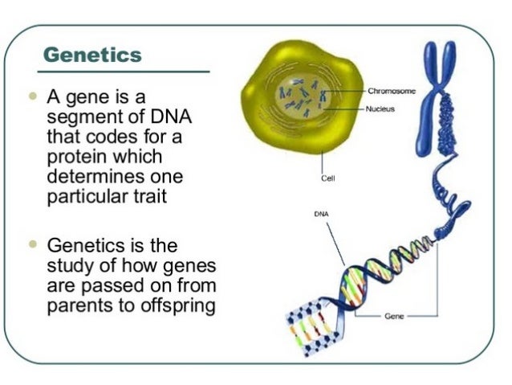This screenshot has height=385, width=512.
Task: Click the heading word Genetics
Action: [x=91, y=55]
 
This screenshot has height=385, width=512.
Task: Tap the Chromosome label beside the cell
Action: [x=392, y=92]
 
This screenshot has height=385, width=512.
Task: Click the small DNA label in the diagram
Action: [x=319, y=214]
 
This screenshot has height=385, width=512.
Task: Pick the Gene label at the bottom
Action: [x=394, y=317]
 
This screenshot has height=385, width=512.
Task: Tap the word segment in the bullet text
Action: [x=83, y=117]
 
